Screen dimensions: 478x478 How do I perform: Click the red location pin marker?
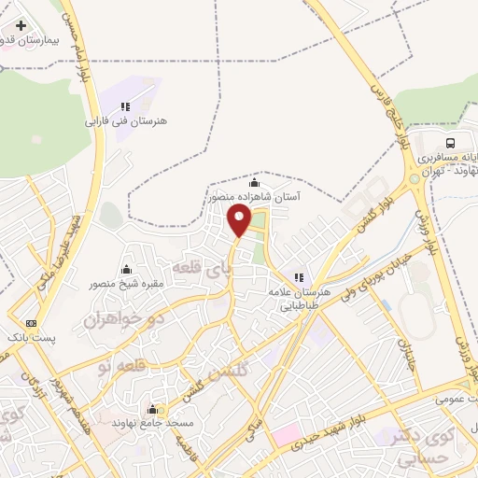[240, 221]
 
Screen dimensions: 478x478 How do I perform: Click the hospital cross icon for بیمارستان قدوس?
[21, 24]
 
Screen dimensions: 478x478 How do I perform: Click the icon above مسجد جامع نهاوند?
[152, 409]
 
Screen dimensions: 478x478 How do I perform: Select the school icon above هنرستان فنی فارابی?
[125, 105]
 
